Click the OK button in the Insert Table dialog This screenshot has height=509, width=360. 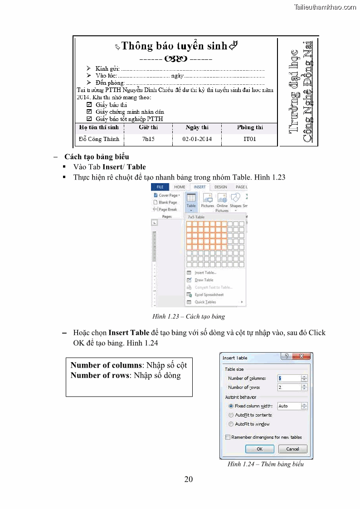tap(259, 449)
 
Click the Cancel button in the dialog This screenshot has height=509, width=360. tap(292, 449)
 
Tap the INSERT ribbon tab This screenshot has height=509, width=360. tap(199, 187)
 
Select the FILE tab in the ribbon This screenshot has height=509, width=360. tap(160, 187)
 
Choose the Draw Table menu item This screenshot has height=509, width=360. tap(204, 280)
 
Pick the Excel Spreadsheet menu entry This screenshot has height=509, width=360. tap(209, 295)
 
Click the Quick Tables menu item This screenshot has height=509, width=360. tap(205, 302)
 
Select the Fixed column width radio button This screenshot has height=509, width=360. tap(231, 406)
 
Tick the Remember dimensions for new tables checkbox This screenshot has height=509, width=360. tap(227, 437)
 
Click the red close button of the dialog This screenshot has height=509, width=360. tap(303, 357)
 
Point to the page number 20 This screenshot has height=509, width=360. tap(189, 480)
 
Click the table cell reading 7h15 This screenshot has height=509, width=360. tap(148, 139)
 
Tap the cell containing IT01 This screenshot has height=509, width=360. tap(249, 139)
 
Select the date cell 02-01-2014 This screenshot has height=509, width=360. tap(197, 139)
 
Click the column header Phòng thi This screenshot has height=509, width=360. tap(249, 127)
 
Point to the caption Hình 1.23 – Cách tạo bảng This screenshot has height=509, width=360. tap(188, 316)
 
